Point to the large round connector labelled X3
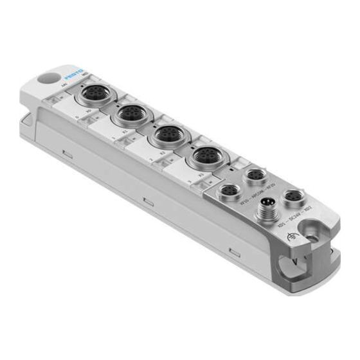208,156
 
